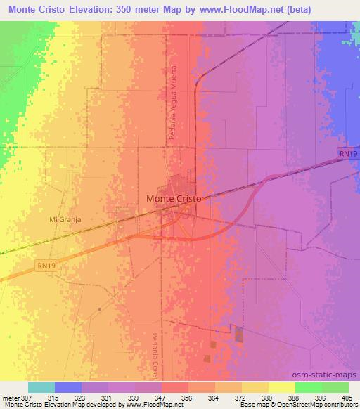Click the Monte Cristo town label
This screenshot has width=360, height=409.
(x=174, y=199)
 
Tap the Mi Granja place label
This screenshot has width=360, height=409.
(x=65, y=219)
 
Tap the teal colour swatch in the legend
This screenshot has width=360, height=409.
(x=41, y=387)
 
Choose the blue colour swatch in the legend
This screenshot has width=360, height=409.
(x=68, y=387)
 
